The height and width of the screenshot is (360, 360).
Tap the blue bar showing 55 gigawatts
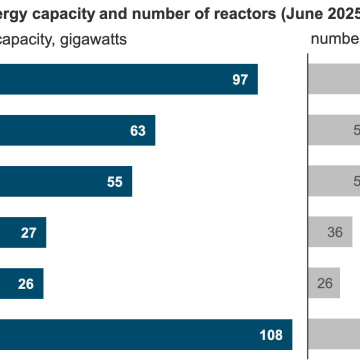(x=65, y=181)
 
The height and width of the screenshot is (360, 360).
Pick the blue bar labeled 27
(x=22, y=232)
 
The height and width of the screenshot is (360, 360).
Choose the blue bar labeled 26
(x=22, y=283)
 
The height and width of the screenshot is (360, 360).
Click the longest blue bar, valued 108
(x=145, y=334)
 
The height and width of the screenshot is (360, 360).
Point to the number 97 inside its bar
(x=239, y=79)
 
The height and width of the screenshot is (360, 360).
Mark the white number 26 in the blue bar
(x=27, y=283)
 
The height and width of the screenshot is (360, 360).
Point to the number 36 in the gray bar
(x=336, y=232)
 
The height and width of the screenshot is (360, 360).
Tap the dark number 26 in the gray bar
(x=326, y=283)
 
